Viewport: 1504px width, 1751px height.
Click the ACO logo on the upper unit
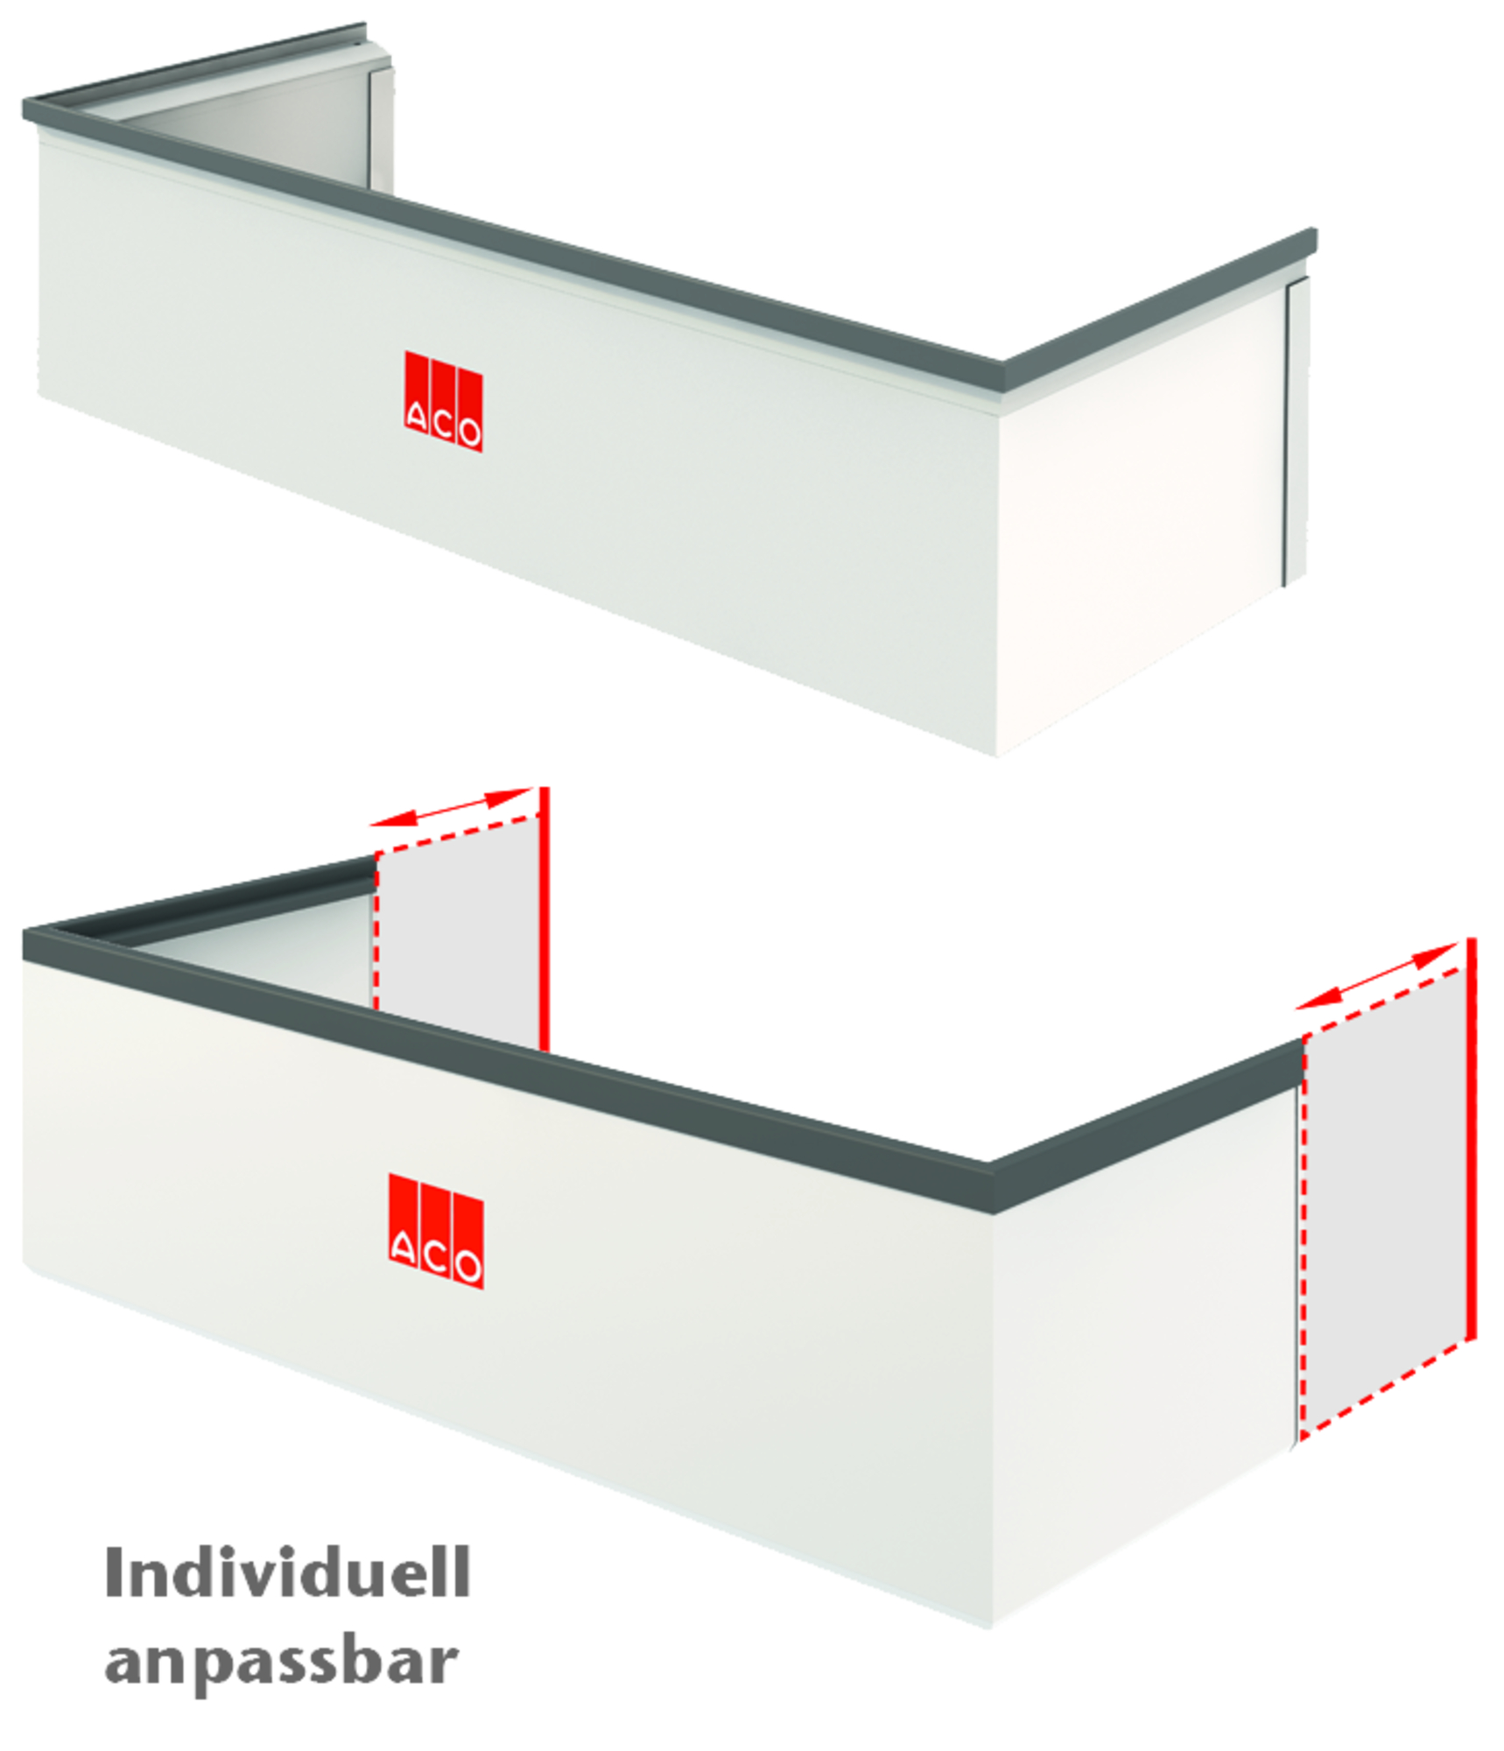pos(443,401)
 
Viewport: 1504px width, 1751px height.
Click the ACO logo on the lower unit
pos(436,1230)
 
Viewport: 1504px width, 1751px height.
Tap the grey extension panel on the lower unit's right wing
pos(1383,1191)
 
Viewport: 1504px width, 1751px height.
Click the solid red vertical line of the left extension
pos(544,919)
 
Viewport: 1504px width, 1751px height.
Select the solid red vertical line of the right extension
pos(1472,1138)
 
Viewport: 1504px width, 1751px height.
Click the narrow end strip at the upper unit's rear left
pos(382,127)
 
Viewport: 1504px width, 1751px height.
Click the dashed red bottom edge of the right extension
pos(1383,1393)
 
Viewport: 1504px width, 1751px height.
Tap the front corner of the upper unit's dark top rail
pos(1003,375)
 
